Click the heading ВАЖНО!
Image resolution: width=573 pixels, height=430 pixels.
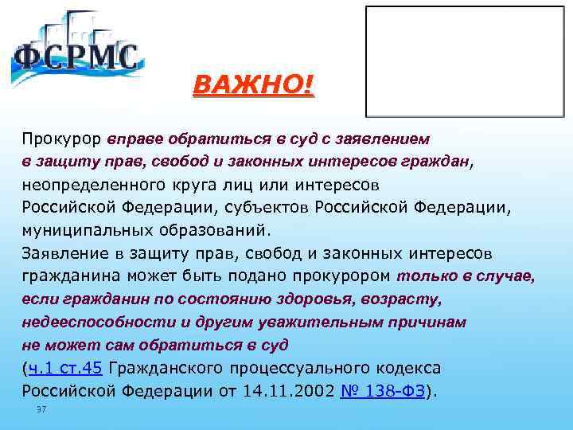pos(254,84)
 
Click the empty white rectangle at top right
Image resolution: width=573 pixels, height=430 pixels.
pos(466,61)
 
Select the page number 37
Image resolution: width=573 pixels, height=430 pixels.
pos(41,409)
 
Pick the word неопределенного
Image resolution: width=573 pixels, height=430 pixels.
pos(98,186)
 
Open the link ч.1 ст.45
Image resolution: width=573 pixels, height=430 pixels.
pos(65,369)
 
